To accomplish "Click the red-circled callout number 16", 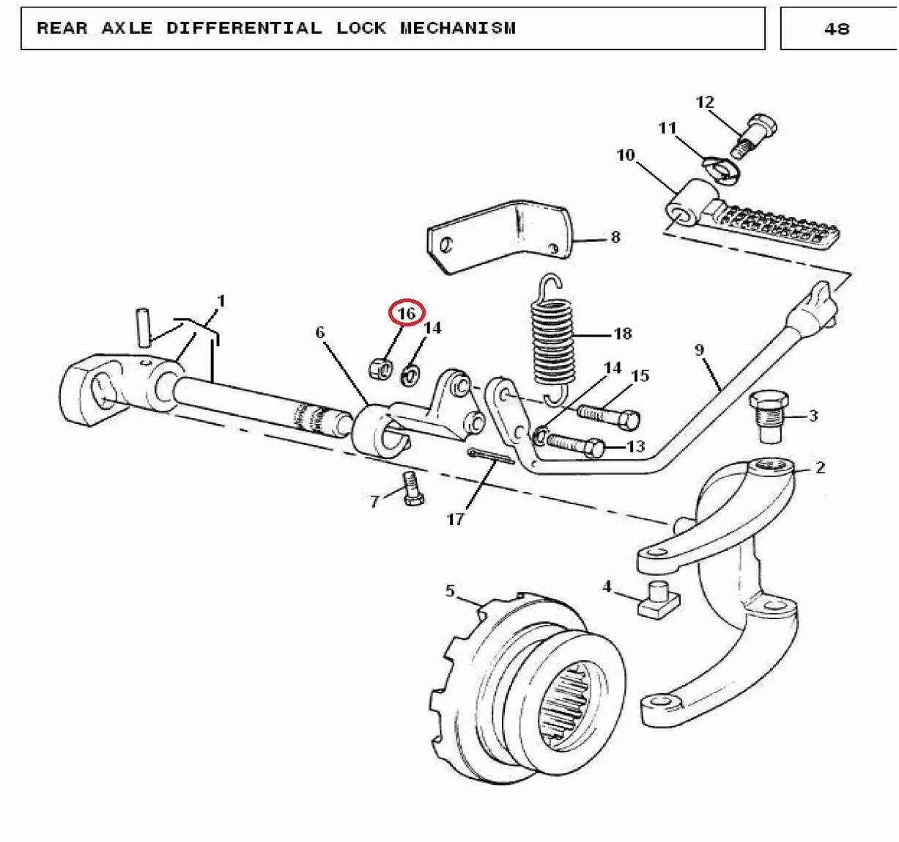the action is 407,312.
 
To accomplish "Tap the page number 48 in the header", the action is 837,29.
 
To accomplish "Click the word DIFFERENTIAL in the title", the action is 244,28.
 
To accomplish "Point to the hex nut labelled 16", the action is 380,367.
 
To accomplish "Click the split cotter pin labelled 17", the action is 491,456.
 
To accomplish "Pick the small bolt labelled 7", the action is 412,488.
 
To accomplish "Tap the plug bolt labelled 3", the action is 769,417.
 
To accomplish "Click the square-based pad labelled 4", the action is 659,599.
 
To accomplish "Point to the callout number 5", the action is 450,590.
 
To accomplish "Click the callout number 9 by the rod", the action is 700,350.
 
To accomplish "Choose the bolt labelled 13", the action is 576,445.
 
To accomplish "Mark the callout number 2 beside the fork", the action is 820,467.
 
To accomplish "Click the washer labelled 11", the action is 722,169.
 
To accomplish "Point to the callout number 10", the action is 626,155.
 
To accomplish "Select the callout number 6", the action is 319,332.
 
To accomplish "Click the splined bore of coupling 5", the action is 571,706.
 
